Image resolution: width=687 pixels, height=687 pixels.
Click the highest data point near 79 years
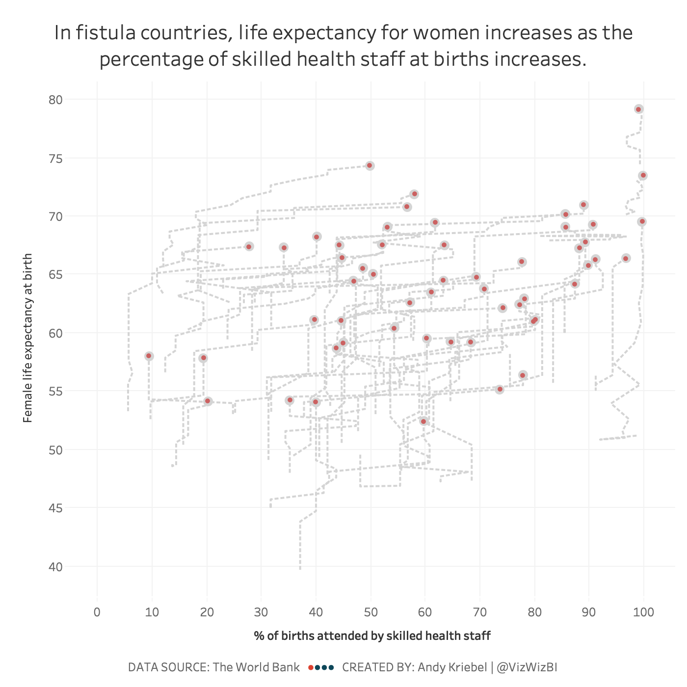coord(638,109)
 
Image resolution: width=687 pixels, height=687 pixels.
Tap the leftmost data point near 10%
coord(149,356)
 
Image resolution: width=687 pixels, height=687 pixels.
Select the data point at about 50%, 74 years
coord(370,166)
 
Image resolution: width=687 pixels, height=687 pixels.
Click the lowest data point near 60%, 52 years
coord(423,422)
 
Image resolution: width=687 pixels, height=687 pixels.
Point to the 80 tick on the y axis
coord(56,100)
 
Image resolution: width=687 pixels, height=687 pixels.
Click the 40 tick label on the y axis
coord(56,567)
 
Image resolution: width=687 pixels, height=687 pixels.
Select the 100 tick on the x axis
coord(644,612)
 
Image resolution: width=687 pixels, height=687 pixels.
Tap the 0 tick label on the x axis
coord(97,612)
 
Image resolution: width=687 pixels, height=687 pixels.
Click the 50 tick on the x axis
coord(370,612)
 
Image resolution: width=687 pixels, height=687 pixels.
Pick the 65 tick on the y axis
coord(56,274)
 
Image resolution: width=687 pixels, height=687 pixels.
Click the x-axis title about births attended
coord(372,636)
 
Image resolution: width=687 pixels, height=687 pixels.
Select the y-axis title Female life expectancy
coord(28,338)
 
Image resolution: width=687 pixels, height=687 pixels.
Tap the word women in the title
coord(428,33)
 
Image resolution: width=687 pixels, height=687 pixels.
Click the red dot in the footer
coord(311,667)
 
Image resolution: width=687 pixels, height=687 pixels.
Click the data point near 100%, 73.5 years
coord(643,175)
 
